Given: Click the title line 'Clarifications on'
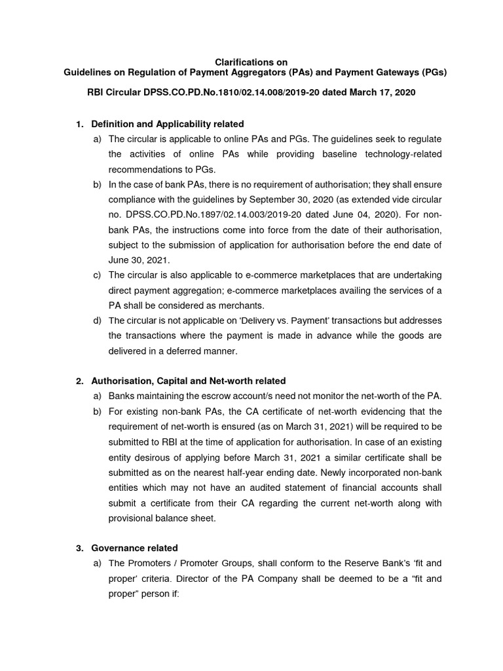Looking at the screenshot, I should point(251,62).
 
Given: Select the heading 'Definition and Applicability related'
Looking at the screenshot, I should point(168,124).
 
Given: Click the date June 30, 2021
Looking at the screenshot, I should point(133,259).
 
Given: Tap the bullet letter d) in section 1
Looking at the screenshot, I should point(97,320).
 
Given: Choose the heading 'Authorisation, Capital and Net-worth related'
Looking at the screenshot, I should point(189,381).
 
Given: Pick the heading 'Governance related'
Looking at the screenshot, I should point(134,548).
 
